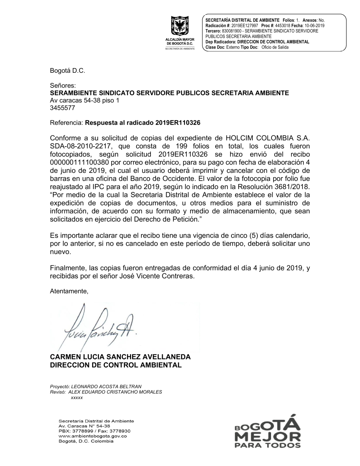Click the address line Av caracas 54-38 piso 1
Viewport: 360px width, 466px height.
point(84,100)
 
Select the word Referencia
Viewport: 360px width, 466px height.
point(67,122)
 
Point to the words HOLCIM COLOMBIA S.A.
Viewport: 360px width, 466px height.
point(267,138)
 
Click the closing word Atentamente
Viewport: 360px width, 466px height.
point(69,291)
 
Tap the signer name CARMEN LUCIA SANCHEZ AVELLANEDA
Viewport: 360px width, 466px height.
point(120,357)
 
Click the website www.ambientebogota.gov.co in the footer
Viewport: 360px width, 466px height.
point(93,436)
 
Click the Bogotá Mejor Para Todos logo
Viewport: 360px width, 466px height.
point(267,431)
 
